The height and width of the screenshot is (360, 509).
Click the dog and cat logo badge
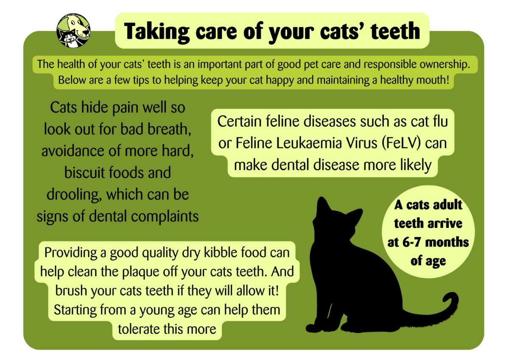click(x=73, y=31)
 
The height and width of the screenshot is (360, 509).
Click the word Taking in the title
click(x=157, y=32)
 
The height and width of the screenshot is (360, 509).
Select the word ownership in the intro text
click(x=445, y=64)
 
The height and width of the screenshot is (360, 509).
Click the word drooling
click(x=74, y=195)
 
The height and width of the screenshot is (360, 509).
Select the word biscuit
click(x=84, y=172)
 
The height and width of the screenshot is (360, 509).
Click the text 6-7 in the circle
click(x=411, y=242)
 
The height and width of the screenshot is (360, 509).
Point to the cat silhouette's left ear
click(x=322, y=205)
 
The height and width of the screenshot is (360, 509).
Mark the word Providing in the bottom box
click(x=70, y=253)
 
